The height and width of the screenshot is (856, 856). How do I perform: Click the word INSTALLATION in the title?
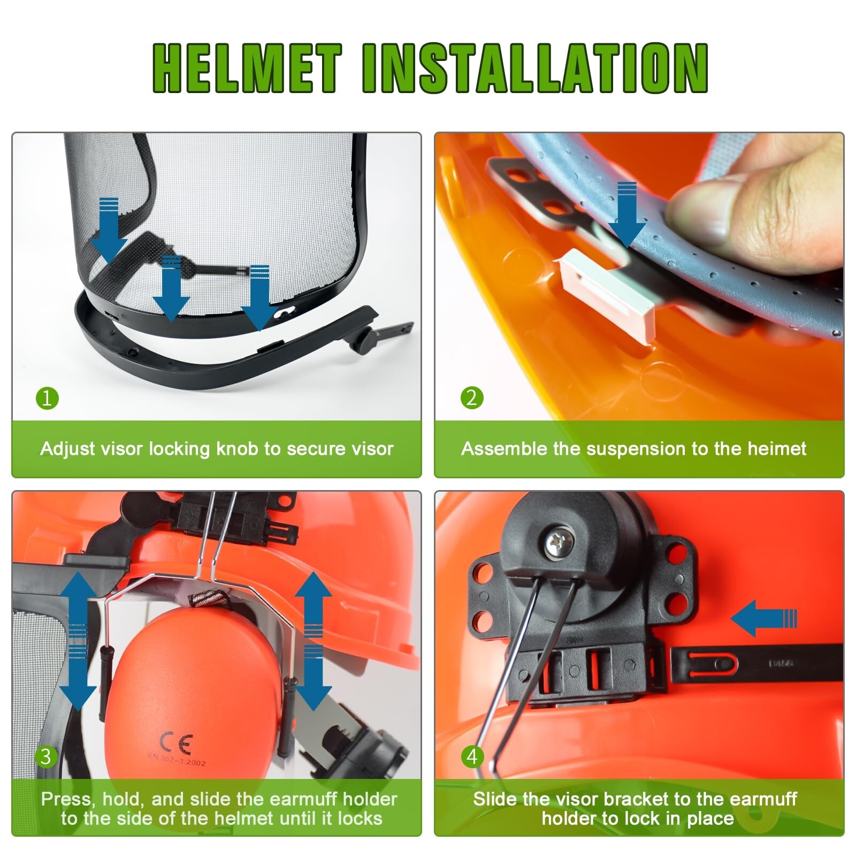(535, 68)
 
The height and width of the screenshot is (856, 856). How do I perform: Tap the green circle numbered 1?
(47, 398)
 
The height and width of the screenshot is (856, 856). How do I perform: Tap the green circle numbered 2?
(471, 398)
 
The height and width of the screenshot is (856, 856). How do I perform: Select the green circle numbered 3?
(47, 756)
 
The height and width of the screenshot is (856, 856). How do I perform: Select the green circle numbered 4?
(471, 756)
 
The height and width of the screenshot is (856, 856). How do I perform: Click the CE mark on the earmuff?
(176, 743)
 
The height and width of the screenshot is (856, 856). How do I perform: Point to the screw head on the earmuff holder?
(560, 544)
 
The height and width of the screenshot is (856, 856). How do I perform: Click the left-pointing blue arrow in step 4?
(762, 618)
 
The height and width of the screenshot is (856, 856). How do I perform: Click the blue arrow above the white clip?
(627, 214)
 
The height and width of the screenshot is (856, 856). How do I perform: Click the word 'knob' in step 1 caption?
(236, 448)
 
